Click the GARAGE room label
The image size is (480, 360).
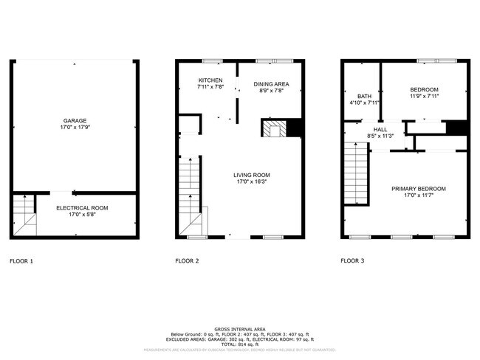coord(74,120)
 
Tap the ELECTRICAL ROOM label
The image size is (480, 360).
coord(82,208)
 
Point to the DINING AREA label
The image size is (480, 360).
coord(271,84)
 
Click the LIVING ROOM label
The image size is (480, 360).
coord(252,176)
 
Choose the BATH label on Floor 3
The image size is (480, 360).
coord(364,96)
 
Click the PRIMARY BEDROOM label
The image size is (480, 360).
coord(418,188)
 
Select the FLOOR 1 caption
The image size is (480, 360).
coord(21,260)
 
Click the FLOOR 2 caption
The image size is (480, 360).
coord(187,260)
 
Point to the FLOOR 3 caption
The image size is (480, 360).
coord(353,260)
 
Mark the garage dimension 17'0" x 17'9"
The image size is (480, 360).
coord(74,127)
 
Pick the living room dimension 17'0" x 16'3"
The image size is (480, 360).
coord(252,181)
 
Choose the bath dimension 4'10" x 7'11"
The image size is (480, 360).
coord(364,103)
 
